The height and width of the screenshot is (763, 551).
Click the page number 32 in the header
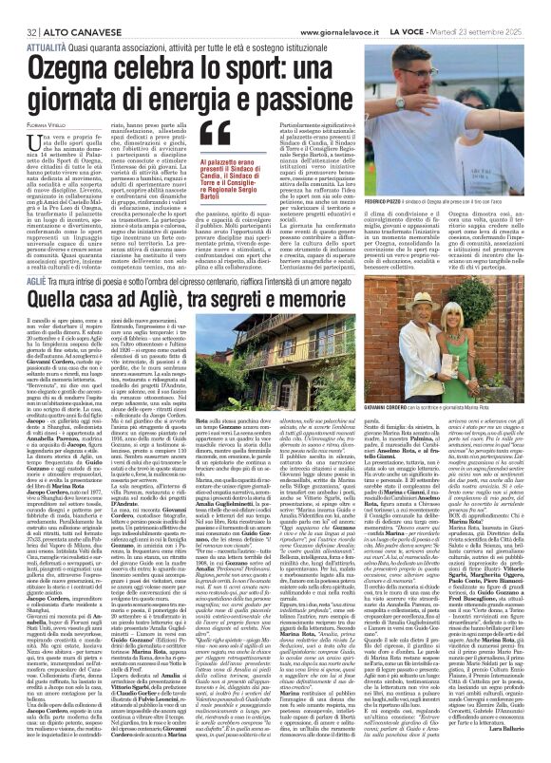click(17, 9)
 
